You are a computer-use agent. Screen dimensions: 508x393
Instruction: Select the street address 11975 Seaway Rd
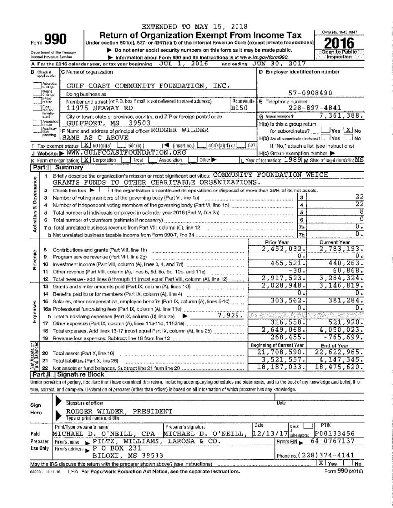pos(94,107)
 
